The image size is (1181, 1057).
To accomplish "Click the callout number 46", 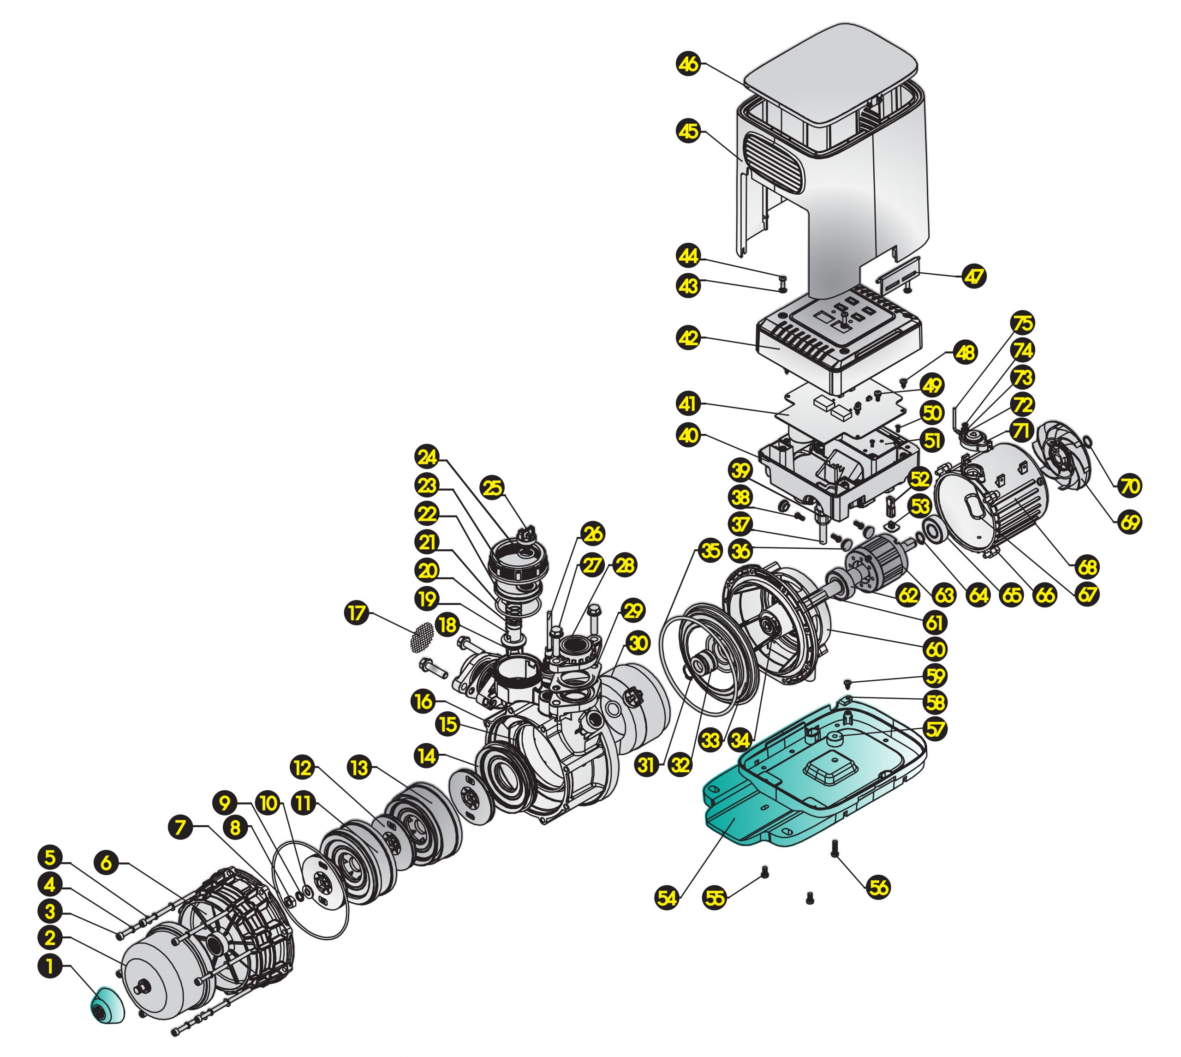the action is point(689,64).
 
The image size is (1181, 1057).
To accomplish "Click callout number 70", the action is point(1129,486).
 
